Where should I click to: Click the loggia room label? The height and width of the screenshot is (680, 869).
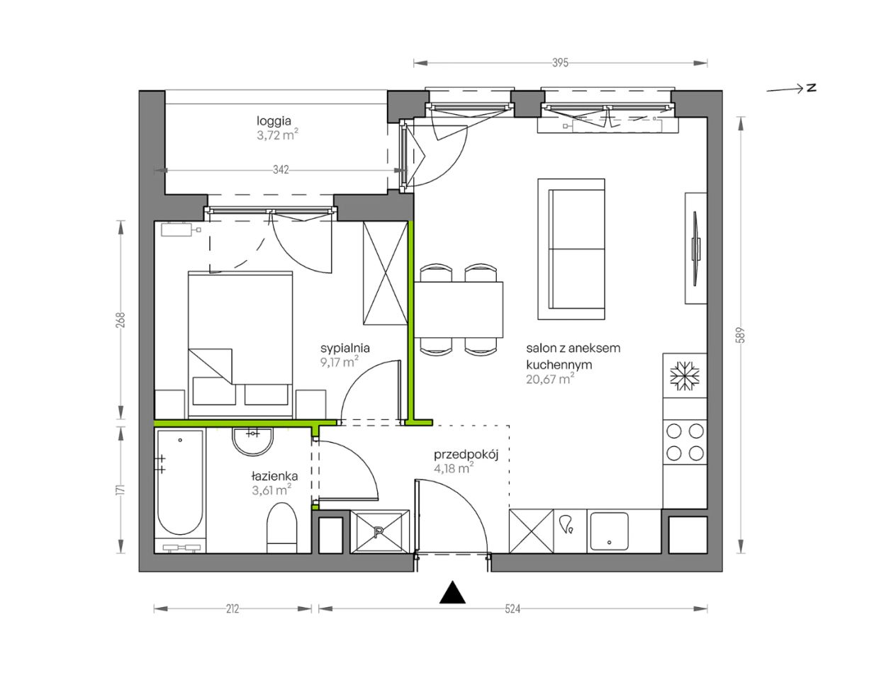click(274, 120)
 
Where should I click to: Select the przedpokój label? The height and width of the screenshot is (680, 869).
click(466, 455)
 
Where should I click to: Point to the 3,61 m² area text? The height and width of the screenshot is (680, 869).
click(271, 490)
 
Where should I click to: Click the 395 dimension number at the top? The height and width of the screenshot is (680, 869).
click(560, 63)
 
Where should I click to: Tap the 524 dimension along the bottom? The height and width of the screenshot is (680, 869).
click(512, 609)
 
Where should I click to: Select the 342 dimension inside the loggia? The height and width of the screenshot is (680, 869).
click(281, 170)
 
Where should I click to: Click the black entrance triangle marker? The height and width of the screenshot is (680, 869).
click(452, 592)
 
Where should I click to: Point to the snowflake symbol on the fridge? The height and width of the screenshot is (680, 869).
click(685, 375)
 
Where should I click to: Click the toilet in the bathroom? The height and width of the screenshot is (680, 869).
click(281, 528)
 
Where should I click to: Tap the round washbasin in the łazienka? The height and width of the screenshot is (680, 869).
click(252, 441)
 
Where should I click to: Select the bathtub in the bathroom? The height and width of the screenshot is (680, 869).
click(180, 482)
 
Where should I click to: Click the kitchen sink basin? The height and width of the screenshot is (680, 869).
click(609, 531)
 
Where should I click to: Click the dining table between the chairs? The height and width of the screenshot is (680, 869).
click(459, 310)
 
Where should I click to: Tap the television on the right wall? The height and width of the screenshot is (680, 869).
click(696, 249)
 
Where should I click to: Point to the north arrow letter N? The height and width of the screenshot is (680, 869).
click(811, 88)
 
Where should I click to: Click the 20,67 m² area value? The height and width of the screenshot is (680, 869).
click(550, 379)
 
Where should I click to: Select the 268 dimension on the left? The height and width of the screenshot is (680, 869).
click(120, 320)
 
